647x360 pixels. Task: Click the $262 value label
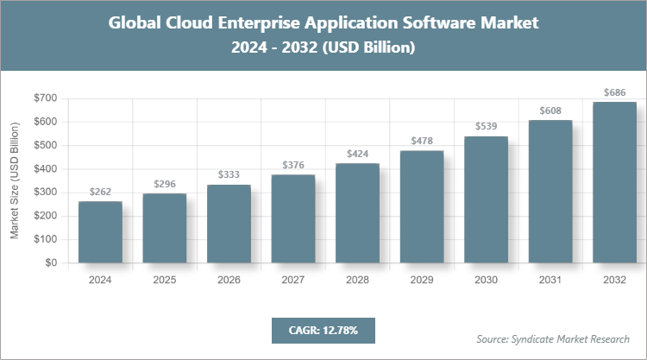(x=100, y=192)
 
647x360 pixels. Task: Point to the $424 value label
(x=357, y=154)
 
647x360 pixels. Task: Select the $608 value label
(x=550, y=111)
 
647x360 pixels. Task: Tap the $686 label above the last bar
(x=614, y=92)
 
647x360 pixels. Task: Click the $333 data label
(x=229, y=175)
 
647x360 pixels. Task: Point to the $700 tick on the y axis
(x=46, y=98)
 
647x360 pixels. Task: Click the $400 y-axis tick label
(x=46, y=168)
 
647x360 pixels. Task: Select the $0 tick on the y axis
(x=52, y=262)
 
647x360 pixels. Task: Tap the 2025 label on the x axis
(x=164, y=281)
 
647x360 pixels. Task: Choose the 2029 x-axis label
(x=422, y=281)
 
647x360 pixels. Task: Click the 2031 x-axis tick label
(x=550, y=281)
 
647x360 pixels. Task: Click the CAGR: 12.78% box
(x=323, y=330)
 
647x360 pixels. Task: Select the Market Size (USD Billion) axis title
(x=15, y=181)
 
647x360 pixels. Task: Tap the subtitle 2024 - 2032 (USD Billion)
(x=323, y=48)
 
